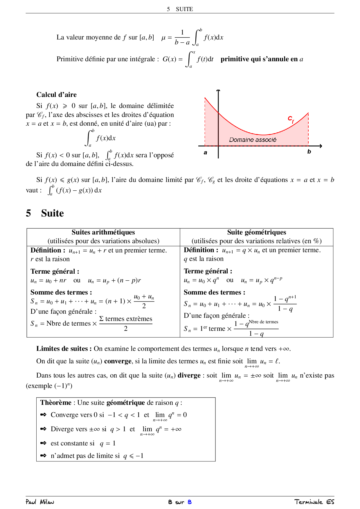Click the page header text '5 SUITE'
pyautogui.click(x=180, y=9)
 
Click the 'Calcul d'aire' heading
pyautogui.click(x=56, y=95)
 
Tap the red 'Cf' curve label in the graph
pyautogui.click(x=291, y=119)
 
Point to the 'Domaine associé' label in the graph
pyautogui.click(x=253, y=140)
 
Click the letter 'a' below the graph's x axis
pyautogui.click(x=206, y=152)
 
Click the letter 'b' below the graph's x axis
pyautogui.click(x=309, y=151)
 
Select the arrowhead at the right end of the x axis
pyautogui.click(x=320, y=146)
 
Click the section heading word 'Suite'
pyautogui.click(x=52, y=213)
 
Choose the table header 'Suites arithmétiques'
pyautogui.click(x=103, y=232)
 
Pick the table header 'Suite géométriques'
pyautogui.click(x=257, y=232)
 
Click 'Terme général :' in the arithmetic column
pyautogui.click(x=55, y=271)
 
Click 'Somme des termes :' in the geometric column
pyautogui.click(x=215, y=292)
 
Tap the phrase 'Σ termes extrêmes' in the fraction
pyautogui.click(x=126, y=319)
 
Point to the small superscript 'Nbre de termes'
pyautogui.click(x=263, y=322)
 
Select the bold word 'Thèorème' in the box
pyautogui.click(x=56, y=402)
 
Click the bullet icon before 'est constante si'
pyautogui.click(x=43, y=443)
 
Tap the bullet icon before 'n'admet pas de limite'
pyautogui.click(x=43, y=456)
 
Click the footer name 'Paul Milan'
pyautogui.click(x=40, y=502)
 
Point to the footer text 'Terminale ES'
pyautogui.click(x=314, y=502)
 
